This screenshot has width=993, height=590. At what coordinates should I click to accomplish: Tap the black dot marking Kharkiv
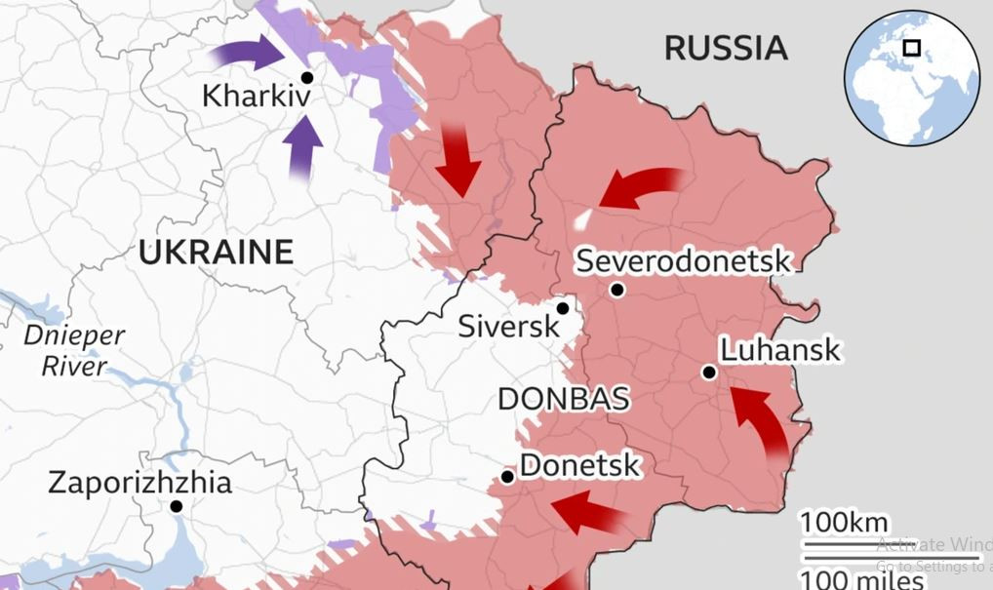click(307, 77)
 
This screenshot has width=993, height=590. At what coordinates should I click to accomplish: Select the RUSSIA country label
click(725, 48)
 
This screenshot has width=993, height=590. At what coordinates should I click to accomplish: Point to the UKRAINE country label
click(216, 253)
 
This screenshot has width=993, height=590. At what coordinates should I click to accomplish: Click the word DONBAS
click(563, 399)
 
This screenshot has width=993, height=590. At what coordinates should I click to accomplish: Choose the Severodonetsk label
click(683, 261)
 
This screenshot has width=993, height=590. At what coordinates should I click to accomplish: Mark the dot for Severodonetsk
click(616, 290)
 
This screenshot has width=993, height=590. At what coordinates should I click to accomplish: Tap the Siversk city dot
click(563, 308)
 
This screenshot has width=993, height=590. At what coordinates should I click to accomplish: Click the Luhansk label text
click(779, 350)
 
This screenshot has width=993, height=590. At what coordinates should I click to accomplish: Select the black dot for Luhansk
click(709, 373)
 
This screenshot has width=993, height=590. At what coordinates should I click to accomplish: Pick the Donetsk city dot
click(507, 477)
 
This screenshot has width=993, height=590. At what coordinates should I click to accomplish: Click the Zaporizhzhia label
click(139, 483)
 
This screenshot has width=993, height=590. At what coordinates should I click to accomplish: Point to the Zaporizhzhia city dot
click(176, 506)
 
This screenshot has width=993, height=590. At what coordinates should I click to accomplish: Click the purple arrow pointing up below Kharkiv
click(303, 147)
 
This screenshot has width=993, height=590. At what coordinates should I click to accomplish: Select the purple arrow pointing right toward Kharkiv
click(248, 53)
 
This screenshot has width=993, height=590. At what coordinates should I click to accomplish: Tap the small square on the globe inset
click(912, 48)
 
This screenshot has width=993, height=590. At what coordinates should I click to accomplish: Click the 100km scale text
click(846, 522)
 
